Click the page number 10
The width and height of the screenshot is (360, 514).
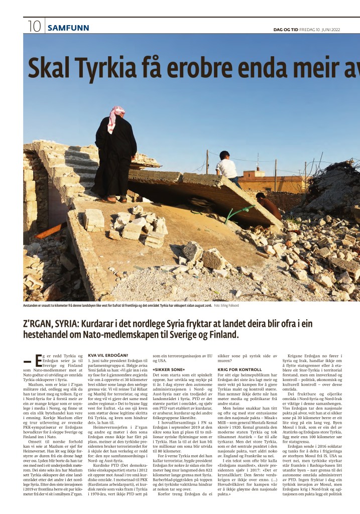[x=33, y=27]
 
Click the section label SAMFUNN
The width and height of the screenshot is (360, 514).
[x=68, y=28]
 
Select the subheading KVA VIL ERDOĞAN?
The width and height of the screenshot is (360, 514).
[x=108, y=355]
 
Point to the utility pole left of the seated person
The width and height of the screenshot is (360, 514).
[x=207, y=162]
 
